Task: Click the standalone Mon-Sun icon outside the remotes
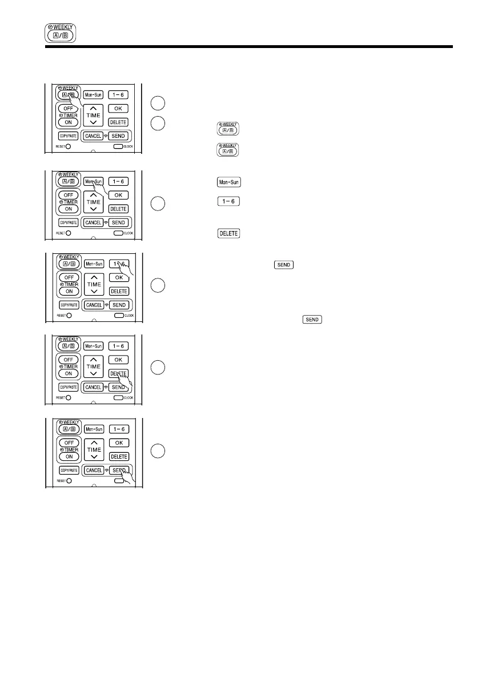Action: [x=228, y=182]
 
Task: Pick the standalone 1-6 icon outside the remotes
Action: [x=228, y=201]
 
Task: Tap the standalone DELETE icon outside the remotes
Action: [x=228, y=233]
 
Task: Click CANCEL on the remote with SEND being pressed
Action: [x=94, y=470]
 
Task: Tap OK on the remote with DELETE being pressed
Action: [x=118, y=360]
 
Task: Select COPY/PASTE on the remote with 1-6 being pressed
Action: [x=68, y=305]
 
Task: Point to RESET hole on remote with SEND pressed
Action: [x=68, y=480]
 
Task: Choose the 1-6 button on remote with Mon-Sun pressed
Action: [x=118, y=181]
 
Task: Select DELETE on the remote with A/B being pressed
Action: [x=118, y=122]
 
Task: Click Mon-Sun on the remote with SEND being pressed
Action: [x=94, y=429]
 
